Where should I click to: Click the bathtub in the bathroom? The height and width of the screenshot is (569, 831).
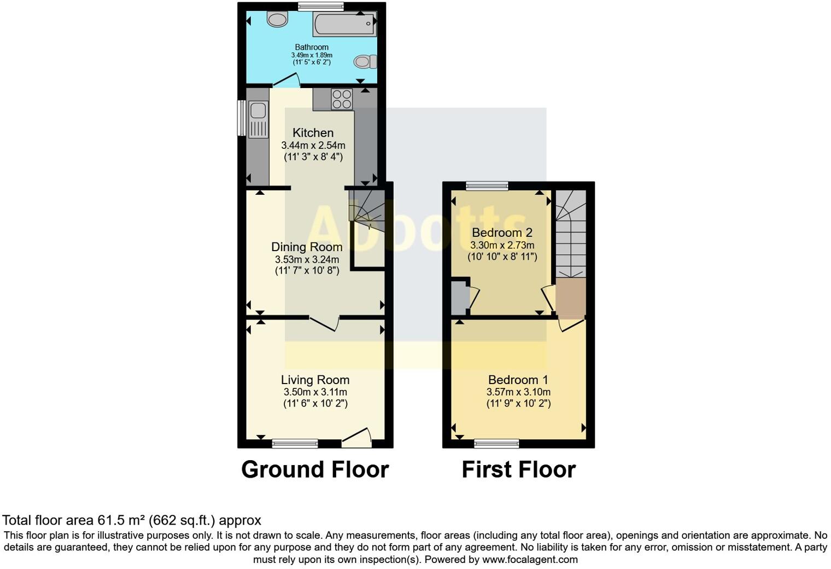pyautogui.click(x=344, y=24)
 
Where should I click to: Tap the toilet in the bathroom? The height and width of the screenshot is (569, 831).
pyautogui.click(x=365, y=61)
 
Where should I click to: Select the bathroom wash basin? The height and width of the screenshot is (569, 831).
pyautogui.click(x=277, y=20)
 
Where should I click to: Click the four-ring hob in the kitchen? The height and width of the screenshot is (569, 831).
pyautogui.click(x=342, y=99)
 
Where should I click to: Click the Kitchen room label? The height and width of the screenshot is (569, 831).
pyautogui.click(x=313, y=133)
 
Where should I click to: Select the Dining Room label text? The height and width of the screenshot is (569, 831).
pyautogui.click(x=307, y=247)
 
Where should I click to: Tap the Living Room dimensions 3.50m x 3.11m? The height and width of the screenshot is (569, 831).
pyautogui.click(x=315, y=392)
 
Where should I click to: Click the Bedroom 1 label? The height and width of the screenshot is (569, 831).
pyautogui.click(x=518, y=380)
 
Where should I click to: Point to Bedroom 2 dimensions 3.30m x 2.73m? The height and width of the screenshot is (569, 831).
pyautogui.click(x=502, y=245)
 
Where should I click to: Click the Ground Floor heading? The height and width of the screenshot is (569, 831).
pyautogui.click(x=315, y=469)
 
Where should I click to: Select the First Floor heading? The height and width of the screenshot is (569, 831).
pyautogui.click(x=518, y=469)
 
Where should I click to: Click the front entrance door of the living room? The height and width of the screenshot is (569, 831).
pyautogui.click(x=357, y=436)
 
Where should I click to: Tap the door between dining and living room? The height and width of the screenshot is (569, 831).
pyautogui.click(x=324, y=323)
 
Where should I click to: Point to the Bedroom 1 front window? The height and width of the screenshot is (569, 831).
pyautogui.click(x=496, y=443)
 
